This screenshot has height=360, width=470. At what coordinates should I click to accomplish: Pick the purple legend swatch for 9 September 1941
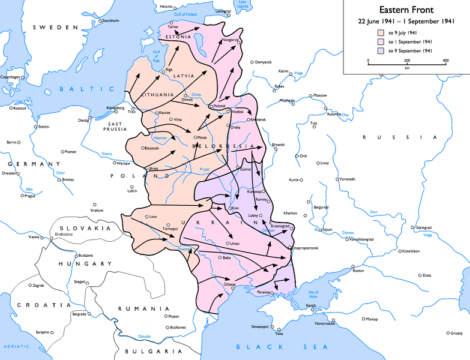[381, 51]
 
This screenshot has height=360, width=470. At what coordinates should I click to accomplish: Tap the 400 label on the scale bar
[445, 61]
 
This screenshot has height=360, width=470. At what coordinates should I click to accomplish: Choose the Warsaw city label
[123, 163]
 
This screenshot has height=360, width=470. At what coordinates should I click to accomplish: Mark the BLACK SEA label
[282, 347]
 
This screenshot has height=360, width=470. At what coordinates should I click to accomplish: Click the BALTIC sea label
[76, 89]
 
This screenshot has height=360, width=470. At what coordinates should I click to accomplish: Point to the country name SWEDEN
[55, 28]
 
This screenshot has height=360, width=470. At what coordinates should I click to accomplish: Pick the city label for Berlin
[11, 142]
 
